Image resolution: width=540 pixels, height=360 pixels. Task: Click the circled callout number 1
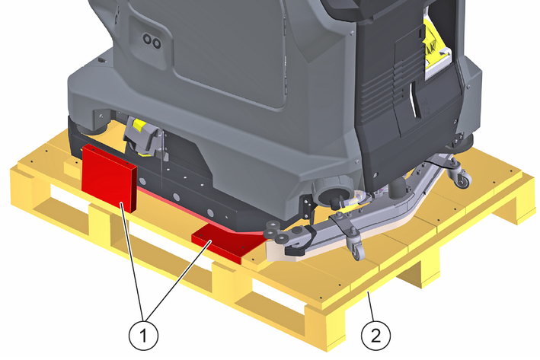pos(144,335)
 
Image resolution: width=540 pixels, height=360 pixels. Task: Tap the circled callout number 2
pos(375,335)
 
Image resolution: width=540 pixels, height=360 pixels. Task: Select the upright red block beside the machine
pos(109,177)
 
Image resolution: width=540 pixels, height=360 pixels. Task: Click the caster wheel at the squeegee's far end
pos(461,177)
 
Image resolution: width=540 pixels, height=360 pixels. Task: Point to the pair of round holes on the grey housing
pos(152,41)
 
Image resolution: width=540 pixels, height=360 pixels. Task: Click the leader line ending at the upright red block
pos(132,262)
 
